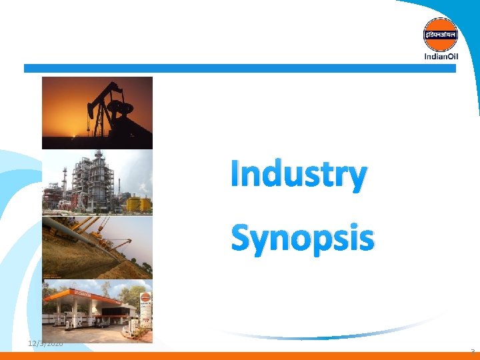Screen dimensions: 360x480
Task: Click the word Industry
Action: click(298, 175)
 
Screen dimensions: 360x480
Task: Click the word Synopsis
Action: click(302, 238)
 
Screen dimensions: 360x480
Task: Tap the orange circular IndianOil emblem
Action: click(441, 34)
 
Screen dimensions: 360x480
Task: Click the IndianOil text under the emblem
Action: click(441, 56)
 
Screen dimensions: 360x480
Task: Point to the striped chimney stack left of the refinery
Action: click(64, 179)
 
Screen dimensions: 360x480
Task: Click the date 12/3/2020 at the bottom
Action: click(45, 343)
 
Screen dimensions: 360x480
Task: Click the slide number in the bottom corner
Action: click(472, 351)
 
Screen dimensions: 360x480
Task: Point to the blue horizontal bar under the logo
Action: click(240, 68)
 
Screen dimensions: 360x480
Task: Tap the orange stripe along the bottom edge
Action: click(240, 356)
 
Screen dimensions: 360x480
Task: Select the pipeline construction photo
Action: click(97, 247)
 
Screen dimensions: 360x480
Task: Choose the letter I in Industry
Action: click(235, 175)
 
